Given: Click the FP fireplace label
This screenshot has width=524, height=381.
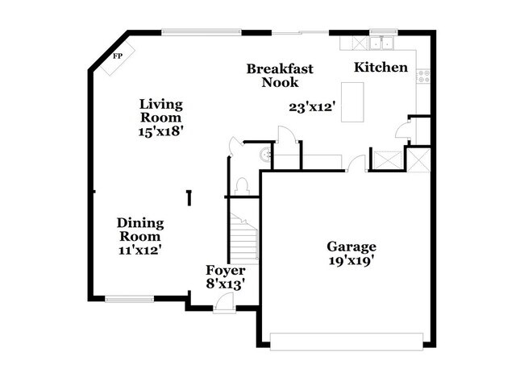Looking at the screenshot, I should [x=118, y=56].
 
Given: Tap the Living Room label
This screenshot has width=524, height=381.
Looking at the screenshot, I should [x=161, y=111].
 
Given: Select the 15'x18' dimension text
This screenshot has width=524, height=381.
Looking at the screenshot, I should [x=161, y=132].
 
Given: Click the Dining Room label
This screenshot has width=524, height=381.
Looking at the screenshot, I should [x=140, y=230].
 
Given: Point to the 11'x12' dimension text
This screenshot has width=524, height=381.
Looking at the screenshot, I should [x=140, y=251].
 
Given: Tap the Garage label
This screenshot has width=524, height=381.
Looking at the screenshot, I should [x=351, y=246].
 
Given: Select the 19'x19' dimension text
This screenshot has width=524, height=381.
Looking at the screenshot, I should [x=351, y=260].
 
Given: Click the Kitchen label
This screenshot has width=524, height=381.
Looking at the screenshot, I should [x=381, y=68].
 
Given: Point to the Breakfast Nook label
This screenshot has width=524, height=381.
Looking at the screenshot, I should [x=280, y=75].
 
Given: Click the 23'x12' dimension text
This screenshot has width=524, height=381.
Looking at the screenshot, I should [x=312, y=106].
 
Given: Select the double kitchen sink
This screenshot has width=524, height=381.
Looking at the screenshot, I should [x=380, y=43].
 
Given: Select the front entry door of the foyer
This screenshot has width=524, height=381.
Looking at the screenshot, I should [x=224, y=303].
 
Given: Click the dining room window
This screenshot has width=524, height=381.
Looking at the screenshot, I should [x=129, y=300].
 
